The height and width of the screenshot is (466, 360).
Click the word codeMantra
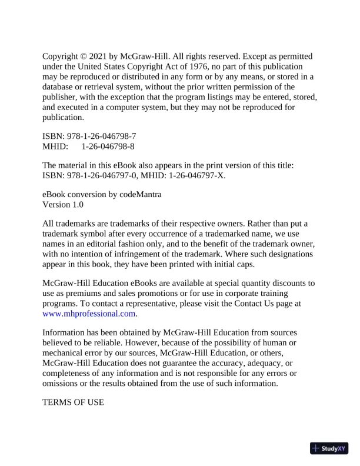coord(139,194)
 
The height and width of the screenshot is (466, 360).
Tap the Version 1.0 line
coord(63,204)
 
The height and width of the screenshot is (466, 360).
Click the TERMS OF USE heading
coord(73,402)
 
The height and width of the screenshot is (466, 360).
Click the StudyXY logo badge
coord(329,448)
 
